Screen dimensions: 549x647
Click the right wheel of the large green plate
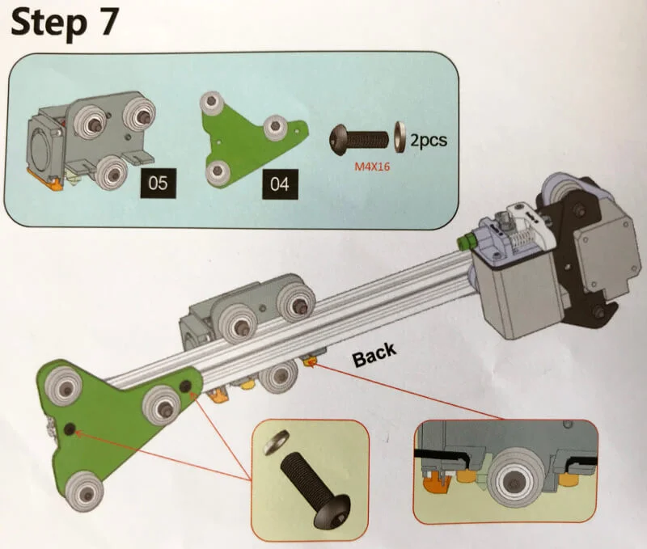pyautogui.click(x=163, y=401)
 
